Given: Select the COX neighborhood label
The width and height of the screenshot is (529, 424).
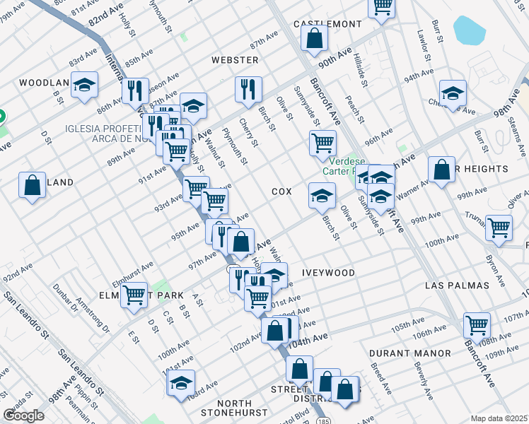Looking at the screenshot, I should click(281, 192).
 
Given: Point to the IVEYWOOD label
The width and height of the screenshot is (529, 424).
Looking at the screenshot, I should click(328, 272).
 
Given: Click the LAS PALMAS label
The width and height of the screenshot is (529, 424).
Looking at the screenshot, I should click(458, 285).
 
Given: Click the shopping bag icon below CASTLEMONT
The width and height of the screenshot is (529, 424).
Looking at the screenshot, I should click(315, 38).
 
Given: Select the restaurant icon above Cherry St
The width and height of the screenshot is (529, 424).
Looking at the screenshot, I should click(248, 88).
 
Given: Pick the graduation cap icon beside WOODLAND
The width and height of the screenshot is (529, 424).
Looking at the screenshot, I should click(85, 87).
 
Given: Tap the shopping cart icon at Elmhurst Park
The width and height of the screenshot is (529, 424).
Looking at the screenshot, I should click(134, 295).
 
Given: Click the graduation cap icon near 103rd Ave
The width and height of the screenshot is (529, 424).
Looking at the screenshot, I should click(180, 383).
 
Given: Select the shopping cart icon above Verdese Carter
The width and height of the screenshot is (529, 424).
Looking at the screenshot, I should click(322, 143).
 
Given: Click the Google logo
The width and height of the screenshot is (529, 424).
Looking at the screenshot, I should click(24, 416).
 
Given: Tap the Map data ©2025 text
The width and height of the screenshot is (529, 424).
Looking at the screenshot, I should click(499, 418).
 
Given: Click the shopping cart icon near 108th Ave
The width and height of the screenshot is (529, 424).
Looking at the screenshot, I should click(477, 325).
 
